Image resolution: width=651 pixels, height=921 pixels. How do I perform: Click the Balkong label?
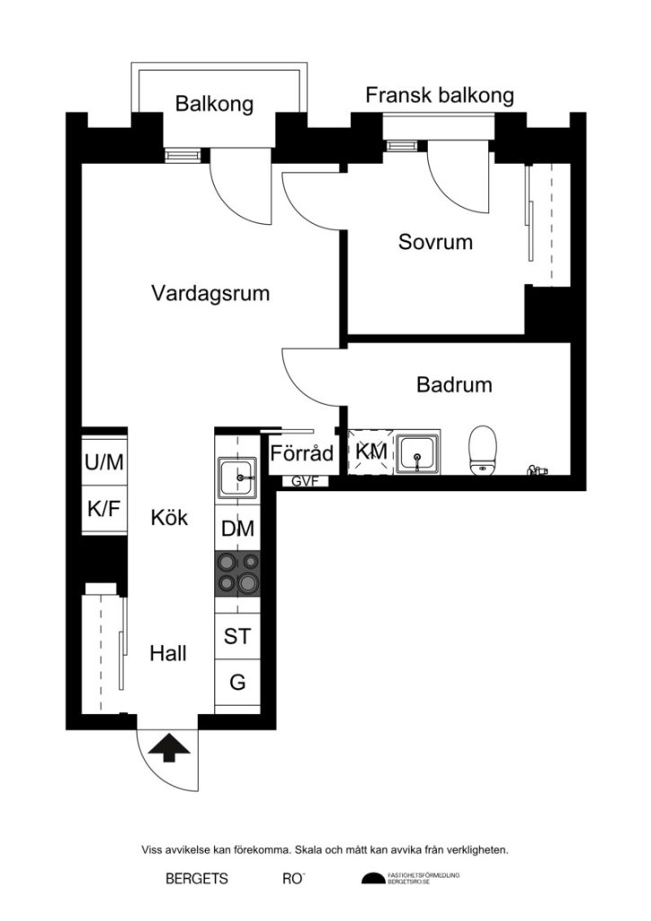214,104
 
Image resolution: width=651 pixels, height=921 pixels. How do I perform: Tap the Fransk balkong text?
439,96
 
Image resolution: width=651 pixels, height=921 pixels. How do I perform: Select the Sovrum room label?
435,243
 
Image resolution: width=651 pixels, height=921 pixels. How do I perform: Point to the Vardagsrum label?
210,293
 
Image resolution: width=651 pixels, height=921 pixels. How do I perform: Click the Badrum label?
454,385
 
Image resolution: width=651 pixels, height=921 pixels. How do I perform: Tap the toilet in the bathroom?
484,449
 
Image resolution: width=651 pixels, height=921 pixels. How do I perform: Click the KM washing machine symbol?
370,452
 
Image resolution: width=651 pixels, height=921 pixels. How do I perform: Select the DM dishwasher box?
237,529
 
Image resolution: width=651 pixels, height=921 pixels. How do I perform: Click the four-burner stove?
237,573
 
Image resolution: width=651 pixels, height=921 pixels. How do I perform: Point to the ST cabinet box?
237,637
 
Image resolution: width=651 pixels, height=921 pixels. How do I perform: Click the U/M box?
105,462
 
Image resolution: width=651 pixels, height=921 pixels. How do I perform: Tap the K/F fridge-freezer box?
105,509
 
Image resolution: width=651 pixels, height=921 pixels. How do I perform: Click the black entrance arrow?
163,747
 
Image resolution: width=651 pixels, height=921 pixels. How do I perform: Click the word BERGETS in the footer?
197,879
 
